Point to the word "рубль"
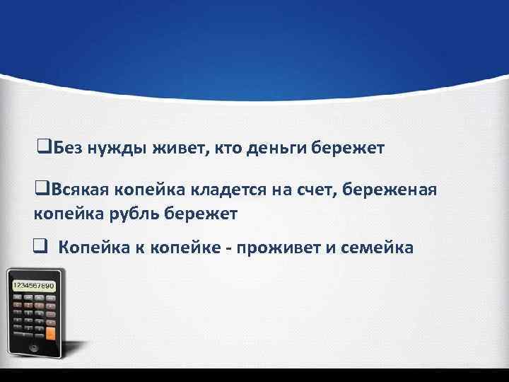128,212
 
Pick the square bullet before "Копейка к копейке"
40,248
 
